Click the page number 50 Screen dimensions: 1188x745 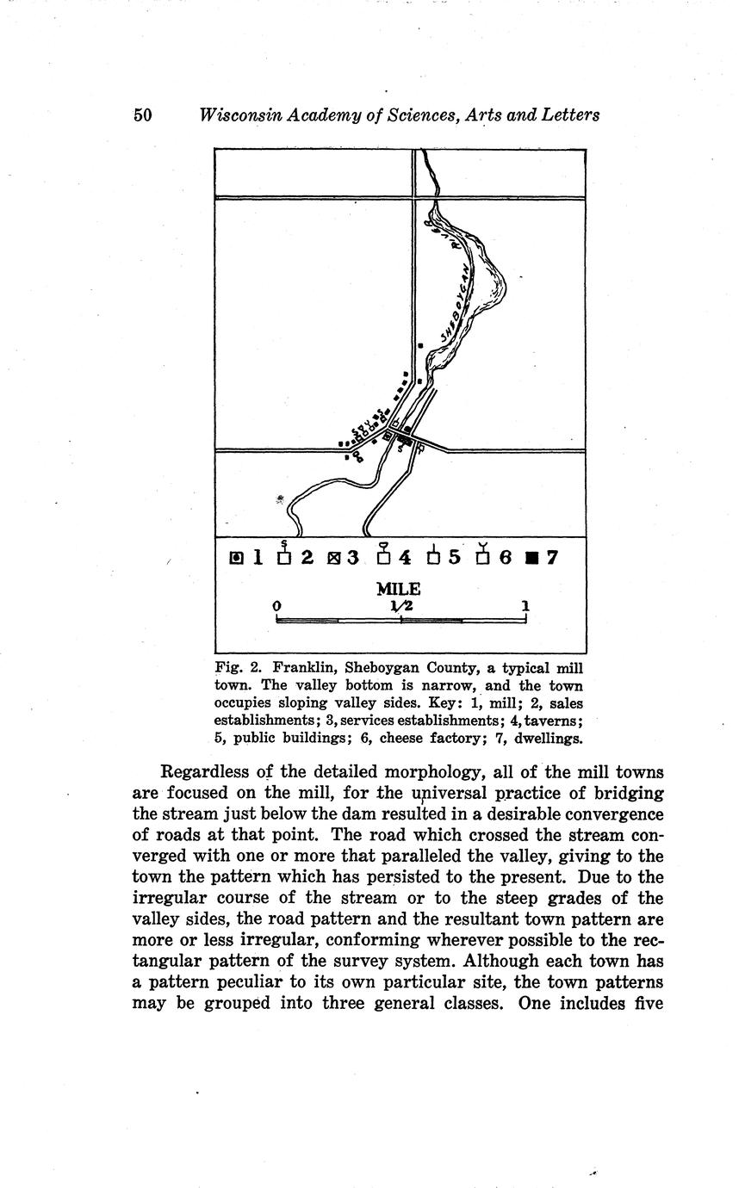click(x=143, y=115)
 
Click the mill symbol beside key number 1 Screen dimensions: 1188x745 click(x=237, y=558)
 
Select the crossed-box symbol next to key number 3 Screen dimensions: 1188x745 click(x=333, y=558)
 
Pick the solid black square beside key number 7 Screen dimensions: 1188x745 click(x=531, y=558)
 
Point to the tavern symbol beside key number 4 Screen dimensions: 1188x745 click(x=384, y=555)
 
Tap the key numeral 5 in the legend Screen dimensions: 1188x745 click(x=454, y=558)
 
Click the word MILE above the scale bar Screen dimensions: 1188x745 click(x=398, y=590)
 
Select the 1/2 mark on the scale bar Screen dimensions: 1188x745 click(x=401, y=606)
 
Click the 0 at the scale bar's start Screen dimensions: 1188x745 click(x=276, y=606)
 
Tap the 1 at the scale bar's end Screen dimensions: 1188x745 click(x=525, y=606)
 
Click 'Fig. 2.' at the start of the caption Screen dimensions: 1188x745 click(x=234, y=668)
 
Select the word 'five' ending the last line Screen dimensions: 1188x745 click(x=644, y=1004)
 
